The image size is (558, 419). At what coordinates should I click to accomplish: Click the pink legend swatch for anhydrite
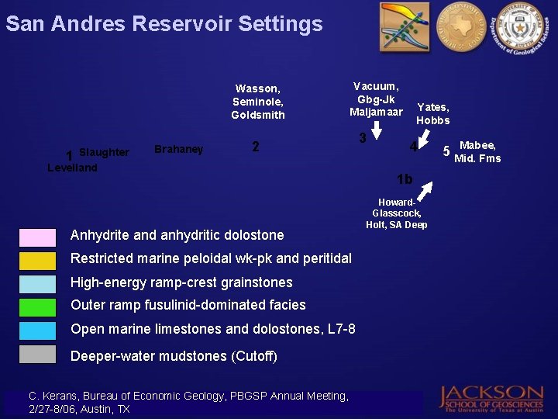pos(37,237)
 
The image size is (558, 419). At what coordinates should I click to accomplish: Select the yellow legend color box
pos(37,261)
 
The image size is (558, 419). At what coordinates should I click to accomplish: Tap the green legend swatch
pos(37,307)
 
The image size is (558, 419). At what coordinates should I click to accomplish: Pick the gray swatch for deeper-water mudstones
pos(37,355)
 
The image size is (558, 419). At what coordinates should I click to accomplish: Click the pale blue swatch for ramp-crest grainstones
pos(37,284)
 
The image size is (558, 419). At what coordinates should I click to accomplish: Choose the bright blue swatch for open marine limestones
pos(37,331)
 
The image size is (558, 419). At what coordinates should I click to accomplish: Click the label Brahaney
pos(179,149)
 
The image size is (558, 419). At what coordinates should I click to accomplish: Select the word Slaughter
pos(104,152)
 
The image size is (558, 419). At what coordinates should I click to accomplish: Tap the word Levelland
pos(72,168)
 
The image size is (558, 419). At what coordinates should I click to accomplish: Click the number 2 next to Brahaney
pos(256,147)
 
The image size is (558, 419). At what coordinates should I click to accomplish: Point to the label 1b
pos(404,180)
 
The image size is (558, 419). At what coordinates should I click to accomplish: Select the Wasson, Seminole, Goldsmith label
pos(258,102)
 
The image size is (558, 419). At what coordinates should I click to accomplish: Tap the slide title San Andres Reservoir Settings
pos(164,24)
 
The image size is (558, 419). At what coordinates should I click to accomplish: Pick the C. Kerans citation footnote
pos(188,402)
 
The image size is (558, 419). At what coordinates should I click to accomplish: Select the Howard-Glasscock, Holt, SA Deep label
pos(396,213)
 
